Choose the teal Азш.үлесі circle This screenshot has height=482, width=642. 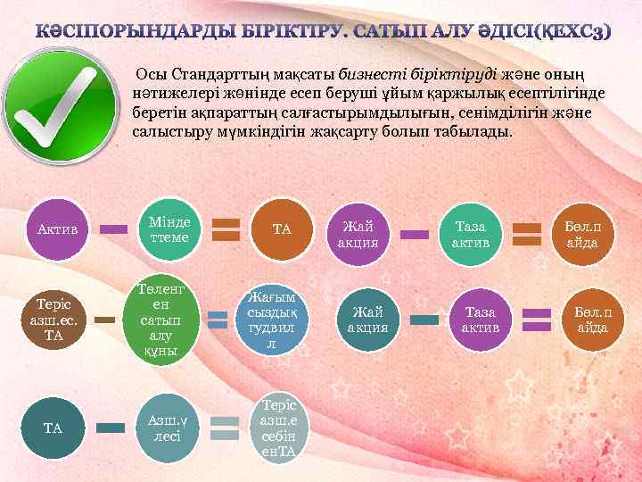[167, 428]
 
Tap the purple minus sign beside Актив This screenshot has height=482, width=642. [113, 229]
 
